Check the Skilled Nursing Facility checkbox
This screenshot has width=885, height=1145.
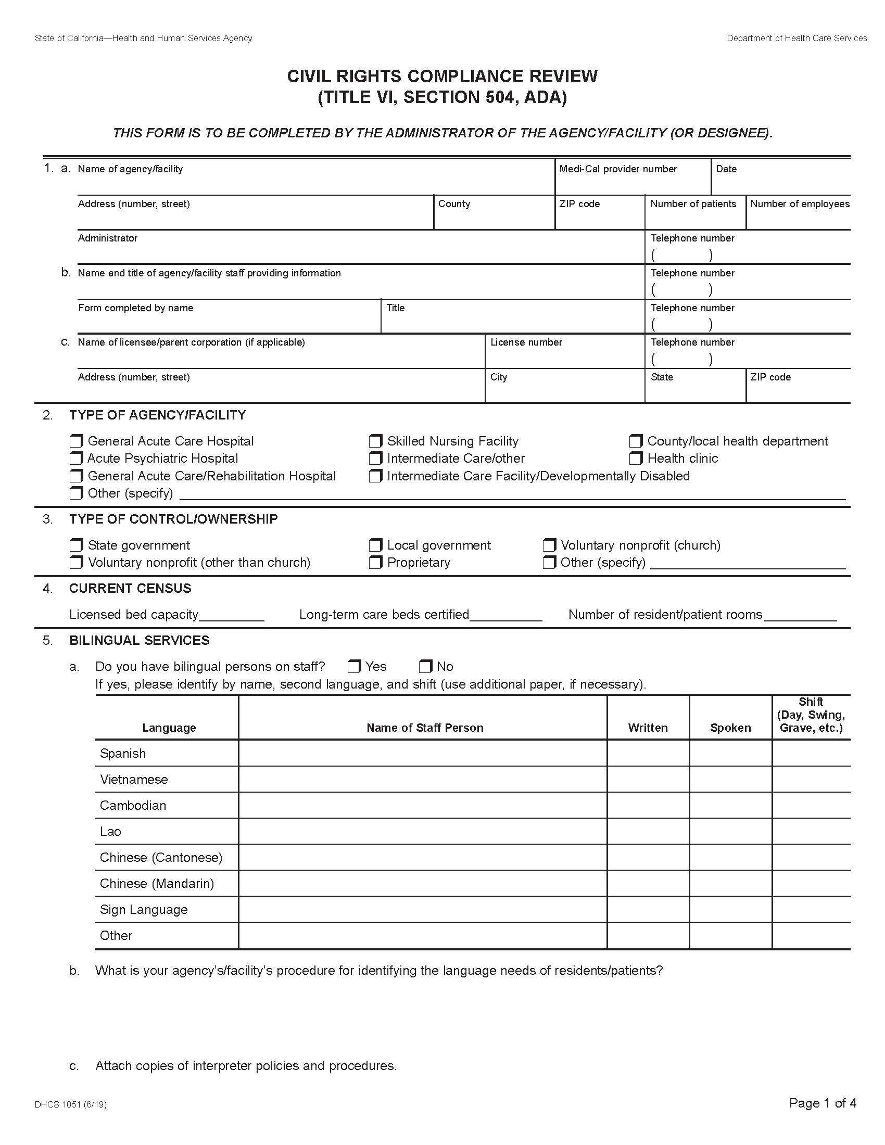point(375,441)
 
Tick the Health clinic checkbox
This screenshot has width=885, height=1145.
point(636,458)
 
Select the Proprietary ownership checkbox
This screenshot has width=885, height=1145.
point(375,563)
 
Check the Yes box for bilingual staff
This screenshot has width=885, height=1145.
point(355,666)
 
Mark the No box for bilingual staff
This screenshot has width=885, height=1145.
point(425,666)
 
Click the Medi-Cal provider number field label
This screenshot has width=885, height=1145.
point(617,169)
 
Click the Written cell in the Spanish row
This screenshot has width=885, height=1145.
point(648,754)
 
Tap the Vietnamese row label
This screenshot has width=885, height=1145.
point(134,780)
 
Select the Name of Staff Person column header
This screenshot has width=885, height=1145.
point(425,728)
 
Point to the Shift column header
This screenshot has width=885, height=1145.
point(811,715)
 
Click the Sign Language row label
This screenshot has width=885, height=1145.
point(144,910)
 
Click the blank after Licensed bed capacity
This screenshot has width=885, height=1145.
point(231,615)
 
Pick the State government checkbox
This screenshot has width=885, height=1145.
point(77,545)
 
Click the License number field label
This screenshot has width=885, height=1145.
point(526,342)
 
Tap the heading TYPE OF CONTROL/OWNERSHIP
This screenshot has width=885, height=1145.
point(173,519)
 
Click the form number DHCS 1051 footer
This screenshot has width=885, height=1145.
point(71,1104)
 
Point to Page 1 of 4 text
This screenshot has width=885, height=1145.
point(822,1103)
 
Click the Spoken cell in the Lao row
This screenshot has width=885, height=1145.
point(730,832)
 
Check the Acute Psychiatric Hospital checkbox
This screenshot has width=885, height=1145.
point(77,458)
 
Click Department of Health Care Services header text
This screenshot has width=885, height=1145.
point(797,39)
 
